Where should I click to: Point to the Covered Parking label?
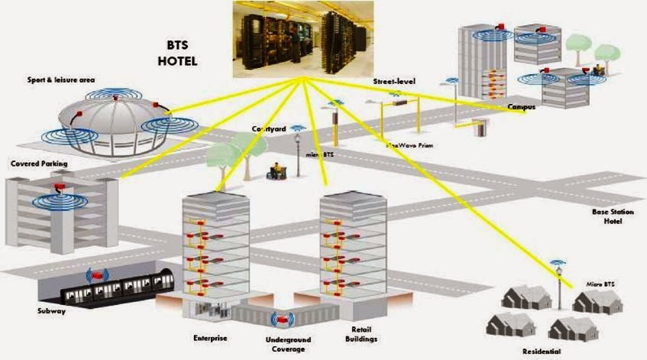pos(39,164)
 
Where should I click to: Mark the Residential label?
pos(542,352)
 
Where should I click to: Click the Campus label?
pos(522,108)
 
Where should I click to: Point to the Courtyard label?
pos(269,130)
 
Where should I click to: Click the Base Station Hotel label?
pos(607,216)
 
